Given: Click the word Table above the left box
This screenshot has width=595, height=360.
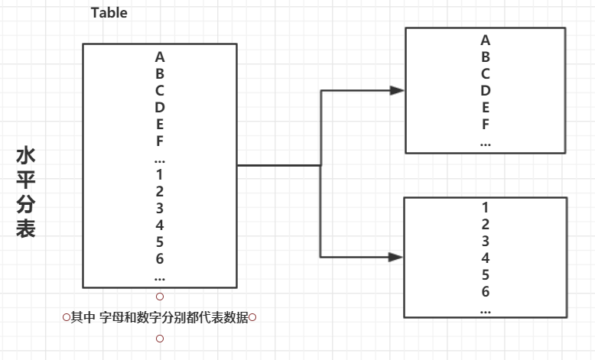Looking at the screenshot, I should tap(109, 13).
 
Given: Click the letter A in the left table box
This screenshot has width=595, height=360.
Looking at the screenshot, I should tap(160, 57).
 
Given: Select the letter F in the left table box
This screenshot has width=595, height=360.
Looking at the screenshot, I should tap(160, 141).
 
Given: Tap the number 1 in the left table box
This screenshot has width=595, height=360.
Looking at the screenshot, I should tap(160, 174).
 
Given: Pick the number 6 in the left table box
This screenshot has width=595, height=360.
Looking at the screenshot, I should tap(160, 258).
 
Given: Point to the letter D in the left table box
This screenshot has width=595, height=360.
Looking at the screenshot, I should tap(160, 107).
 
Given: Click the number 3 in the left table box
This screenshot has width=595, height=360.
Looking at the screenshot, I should tap(160, 208).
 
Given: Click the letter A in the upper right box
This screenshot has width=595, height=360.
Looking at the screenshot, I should tap(486, 40).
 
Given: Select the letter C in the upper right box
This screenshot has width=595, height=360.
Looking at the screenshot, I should tap(486, 73).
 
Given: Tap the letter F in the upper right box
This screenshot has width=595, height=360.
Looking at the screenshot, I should tap(486, 124).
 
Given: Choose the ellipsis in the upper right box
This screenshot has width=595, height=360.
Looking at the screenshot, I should tap(486, 142).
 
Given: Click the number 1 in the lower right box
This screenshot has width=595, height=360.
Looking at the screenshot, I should tap(486, 207).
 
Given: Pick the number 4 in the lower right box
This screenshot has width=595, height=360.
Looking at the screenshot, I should tap(486, 258).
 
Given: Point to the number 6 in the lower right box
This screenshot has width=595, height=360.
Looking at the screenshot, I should tap(486, 291).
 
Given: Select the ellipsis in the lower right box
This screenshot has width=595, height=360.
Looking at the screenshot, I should tap(486, 310).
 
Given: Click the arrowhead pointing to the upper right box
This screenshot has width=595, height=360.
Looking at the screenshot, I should tap(396, 90).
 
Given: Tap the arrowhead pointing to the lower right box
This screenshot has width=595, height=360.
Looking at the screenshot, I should tap(396, 258).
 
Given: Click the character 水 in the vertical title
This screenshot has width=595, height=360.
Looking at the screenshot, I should tap(25, 157).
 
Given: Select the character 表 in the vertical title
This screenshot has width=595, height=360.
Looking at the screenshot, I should tap(25, 229).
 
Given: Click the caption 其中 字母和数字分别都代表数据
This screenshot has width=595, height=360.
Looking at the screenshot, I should tap(159, 317).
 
